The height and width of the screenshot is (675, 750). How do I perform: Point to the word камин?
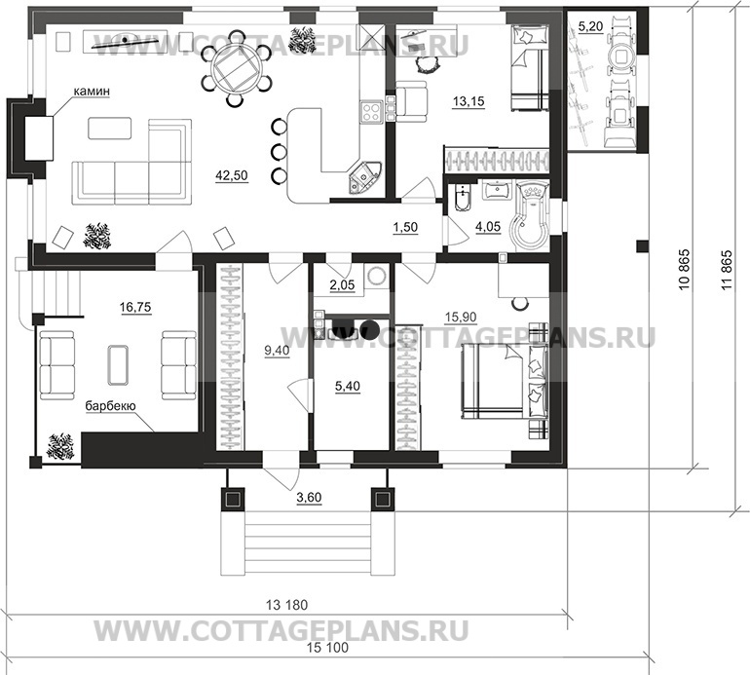click(90, 91)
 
